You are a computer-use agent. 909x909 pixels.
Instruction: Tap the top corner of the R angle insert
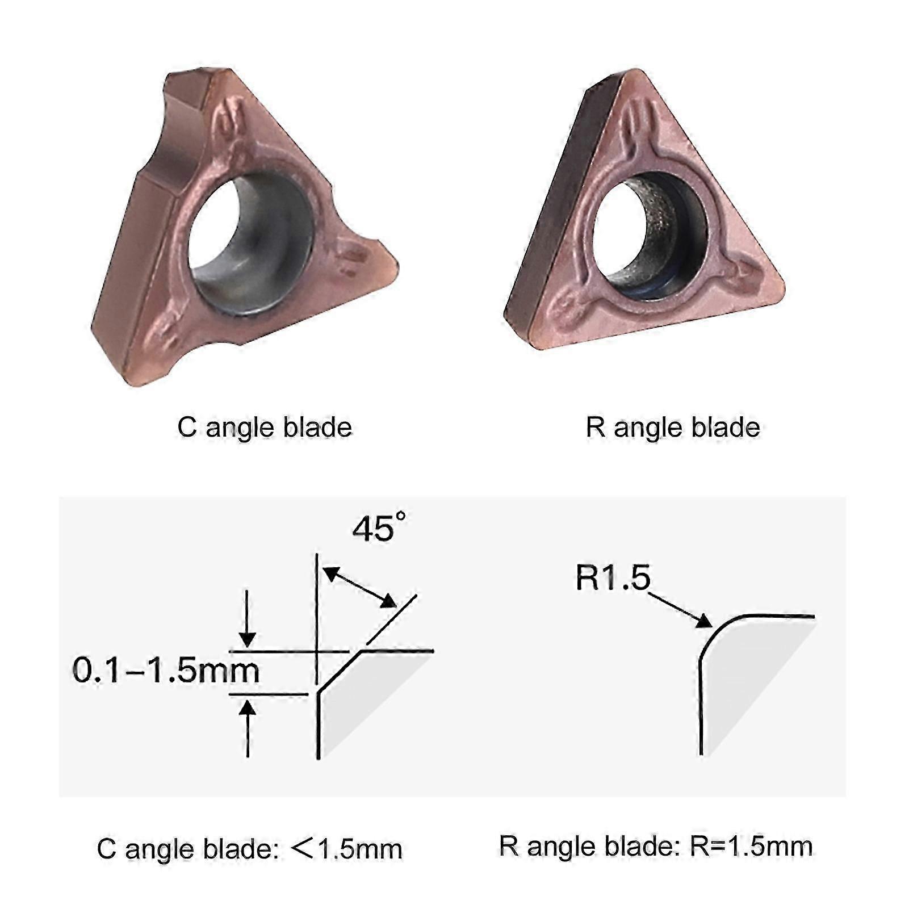click(x=634, y=72)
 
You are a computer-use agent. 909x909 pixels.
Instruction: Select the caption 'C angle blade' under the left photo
click(x=265, y=428)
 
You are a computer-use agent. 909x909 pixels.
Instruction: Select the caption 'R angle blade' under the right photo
click(x=673, y=428)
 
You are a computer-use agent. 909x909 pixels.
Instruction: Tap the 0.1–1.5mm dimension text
click(x=166, y=671)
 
